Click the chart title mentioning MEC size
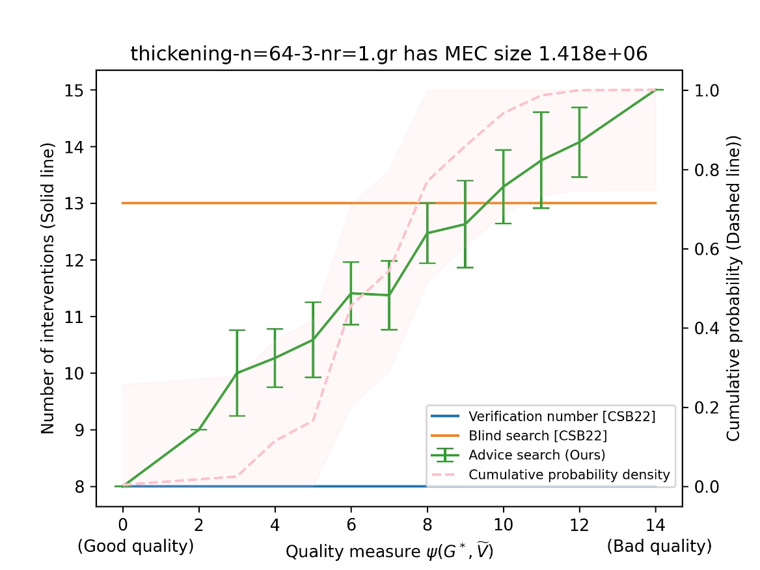pyautogui.click(x=389, y=54)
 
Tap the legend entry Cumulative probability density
pyautogui.click(x=569, y=474)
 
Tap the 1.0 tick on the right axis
pyautogui.click(x=702, y=90)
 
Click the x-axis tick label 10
pyautogui.click(x=503, y=521)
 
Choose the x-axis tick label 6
pyautogui.click(x=351, y=521)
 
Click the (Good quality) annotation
pyautogui.click(x=135, y=547)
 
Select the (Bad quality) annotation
pyautogui.click(x=659, y=547)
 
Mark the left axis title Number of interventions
pyautogui.click(x=47, y=289)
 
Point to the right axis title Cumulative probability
pyautogui.click(x=734, y=289)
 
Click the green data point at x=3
pyautogui.click(x=237, y=373)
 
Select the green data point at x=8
pyautogui.click(x=427, y=233)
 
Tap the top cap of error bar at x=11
pyautogui.click(x=541, y=112)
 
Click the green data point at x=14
pyautogui.click(x=655, y=90)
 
